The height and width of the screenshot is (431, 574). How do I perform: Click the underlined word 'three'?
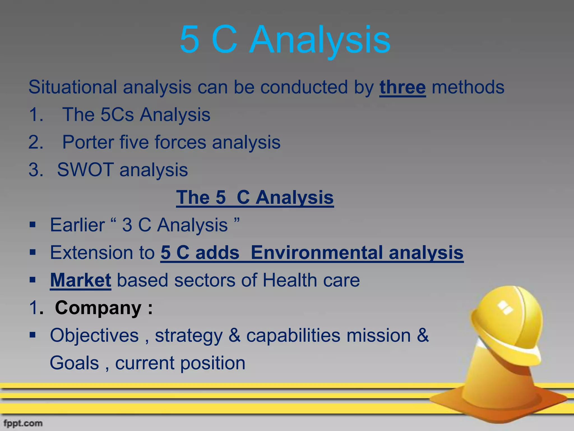point(402,88)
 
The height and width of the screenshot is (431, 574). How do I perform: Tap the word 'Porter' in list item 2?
point(88,142)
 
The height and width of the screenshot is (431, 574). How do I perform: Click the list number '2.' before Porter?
point(36,142)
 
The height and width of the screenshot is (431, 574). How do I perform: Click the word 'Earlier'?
point(77,225)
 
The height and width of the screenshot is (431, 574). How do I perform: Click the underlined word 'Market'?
point(80,280)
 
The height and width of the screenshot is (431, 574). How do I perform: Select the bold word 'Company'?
point(98,308)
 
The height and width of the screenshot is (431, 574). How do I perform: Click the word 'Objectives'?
point(94,335)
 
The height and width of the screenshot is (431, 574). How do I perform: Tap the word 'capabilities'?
point(293,335)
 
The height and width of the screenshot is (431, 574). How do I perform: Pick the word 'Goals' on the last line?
point(74,363)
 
